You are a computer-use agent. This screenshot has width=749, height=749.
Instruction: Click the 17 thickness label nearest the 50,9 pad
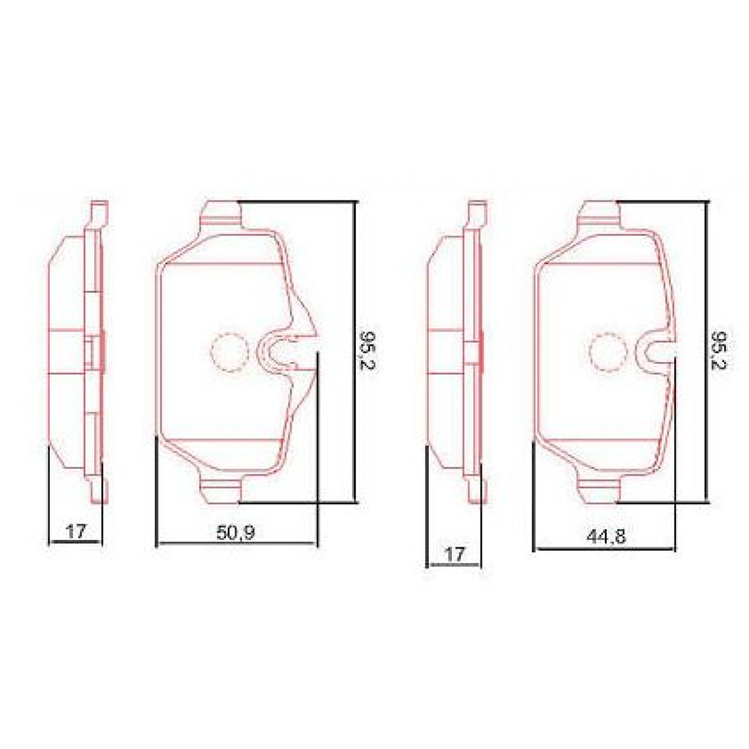pos(76,531)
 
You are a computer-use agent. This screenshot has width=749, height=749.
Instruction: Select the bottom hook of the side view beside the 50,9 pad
pos(99,490)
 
